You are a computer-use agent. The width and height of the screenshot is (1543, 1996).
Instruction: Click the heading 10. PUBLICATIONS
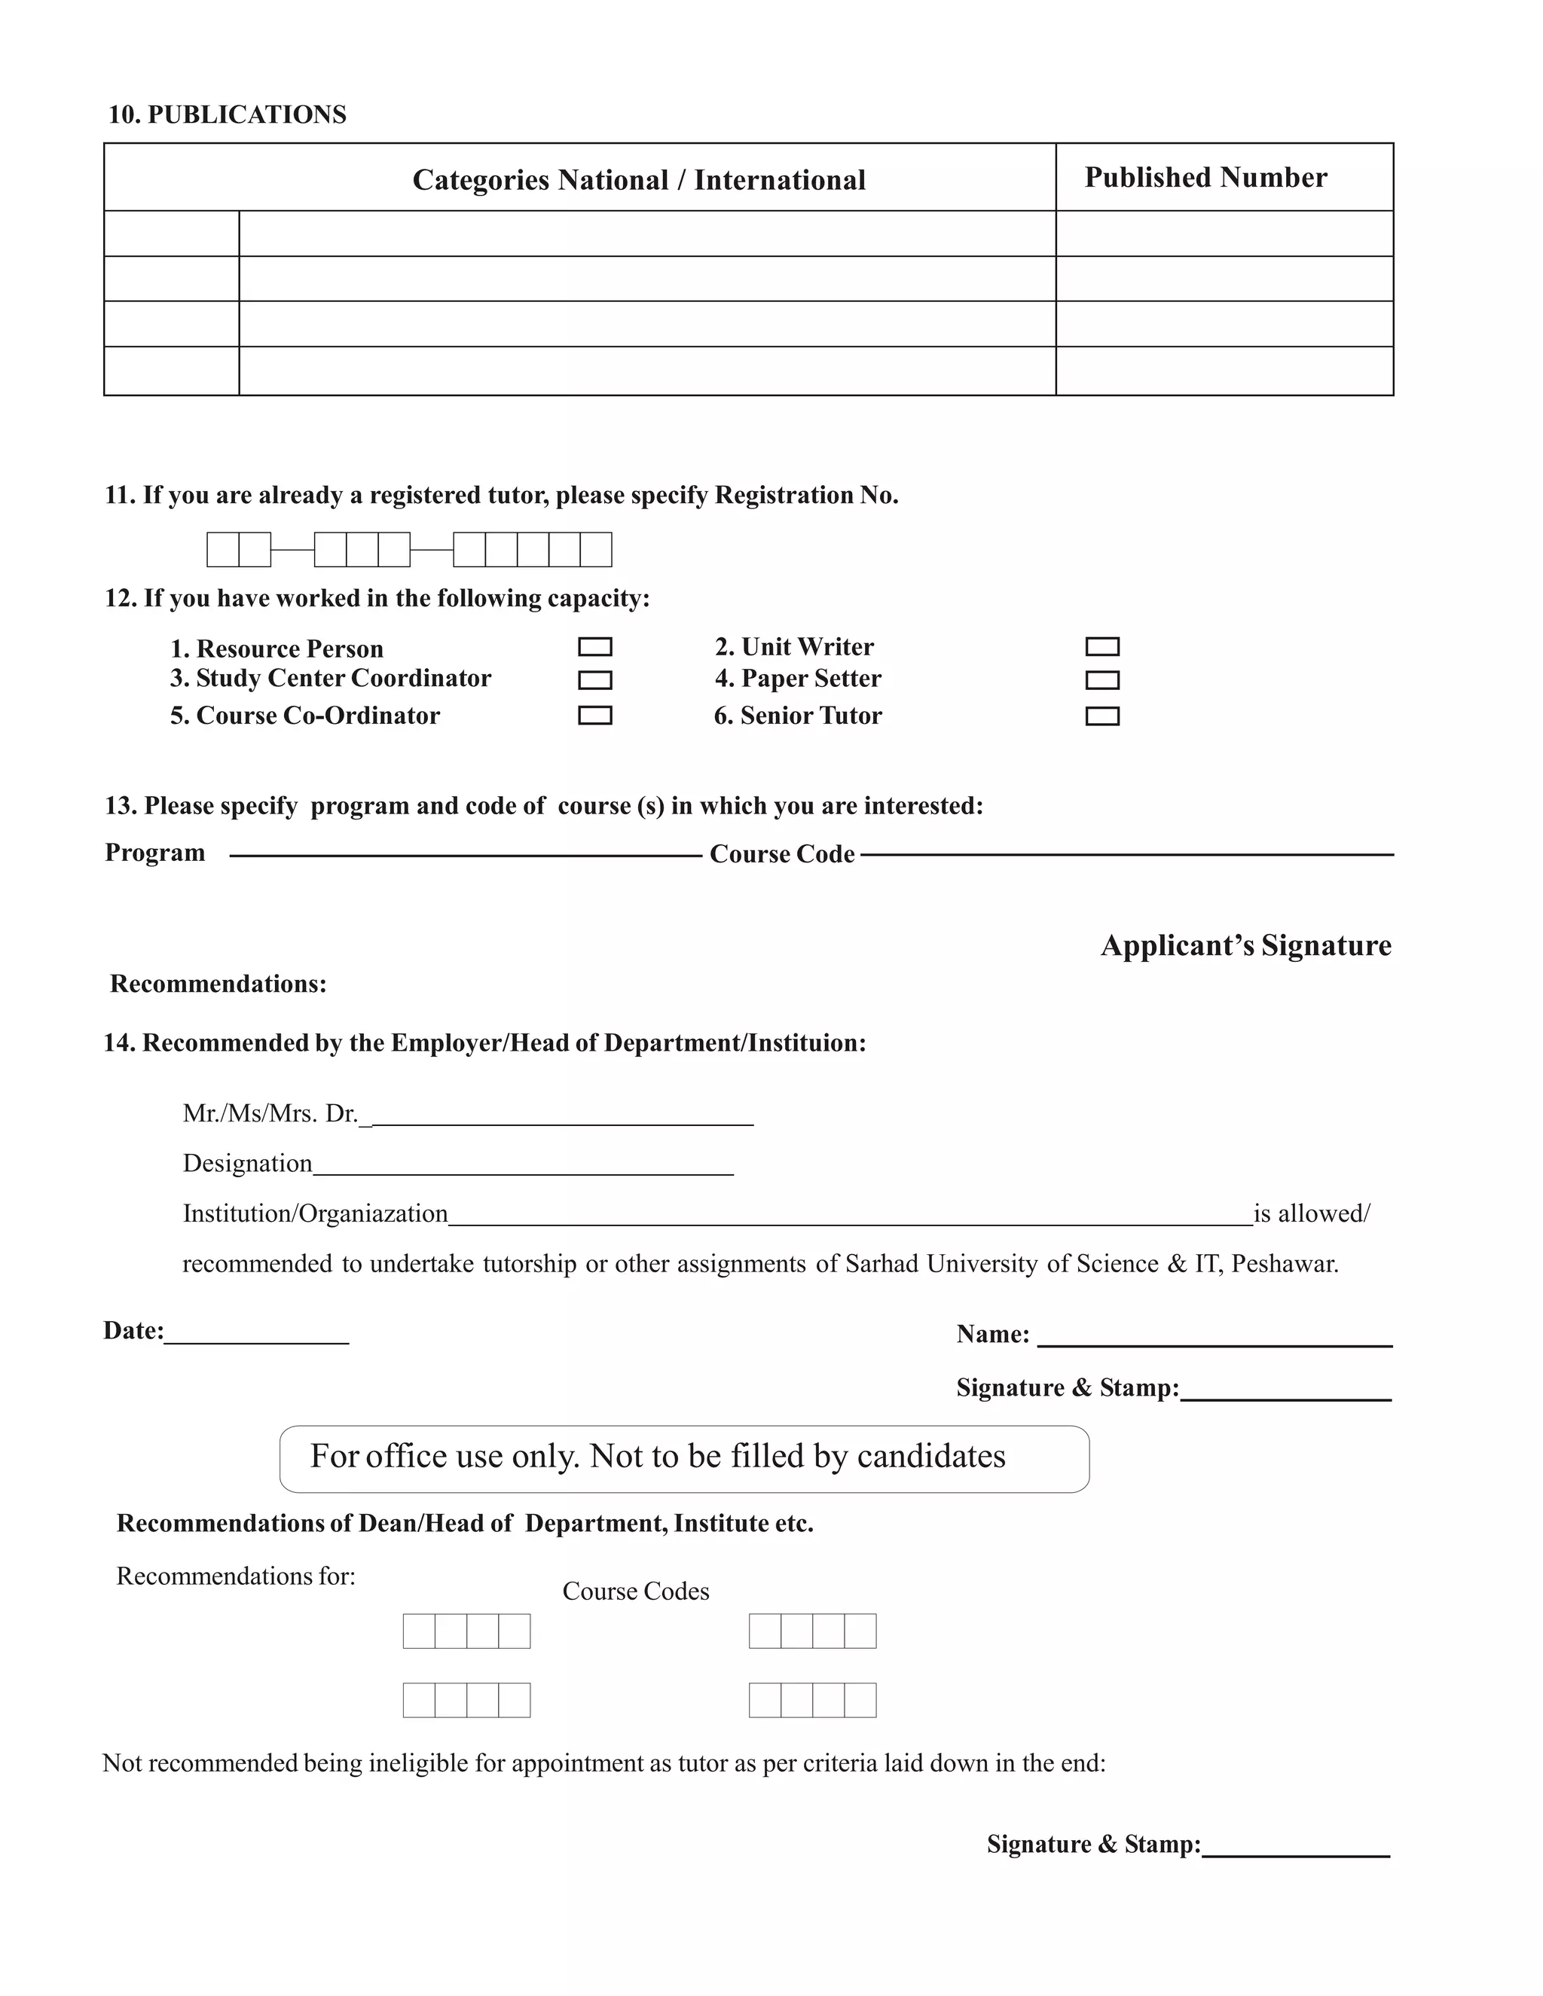tap(227, 114)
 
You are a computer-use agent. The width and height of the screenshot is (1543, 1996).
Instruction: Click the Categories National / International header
tap(638, 179)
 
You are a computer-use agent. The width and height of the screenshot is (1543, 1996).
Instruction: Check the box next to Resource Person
tap(594, 647)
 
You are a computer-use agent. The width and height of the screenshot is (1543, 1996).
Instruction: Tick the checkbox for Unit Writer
tap(1101, 647)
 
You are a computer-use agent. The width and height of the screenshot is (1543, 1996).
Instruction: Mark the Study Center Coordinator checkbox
tap(594, 680)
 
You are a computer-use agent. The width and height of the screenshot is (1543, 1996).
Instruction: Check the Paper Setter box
tap(1101, 680)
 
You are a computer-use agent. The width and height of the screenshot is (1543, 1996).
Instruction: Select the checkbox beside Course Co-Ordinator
tap(594, 716)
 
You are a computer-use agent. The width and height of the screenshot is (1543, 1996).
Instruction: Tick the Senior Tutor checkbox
tap(1101, 716)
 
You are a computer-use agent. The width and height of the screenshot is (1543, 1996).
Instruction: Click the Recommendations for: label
tap(236, 1576)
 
